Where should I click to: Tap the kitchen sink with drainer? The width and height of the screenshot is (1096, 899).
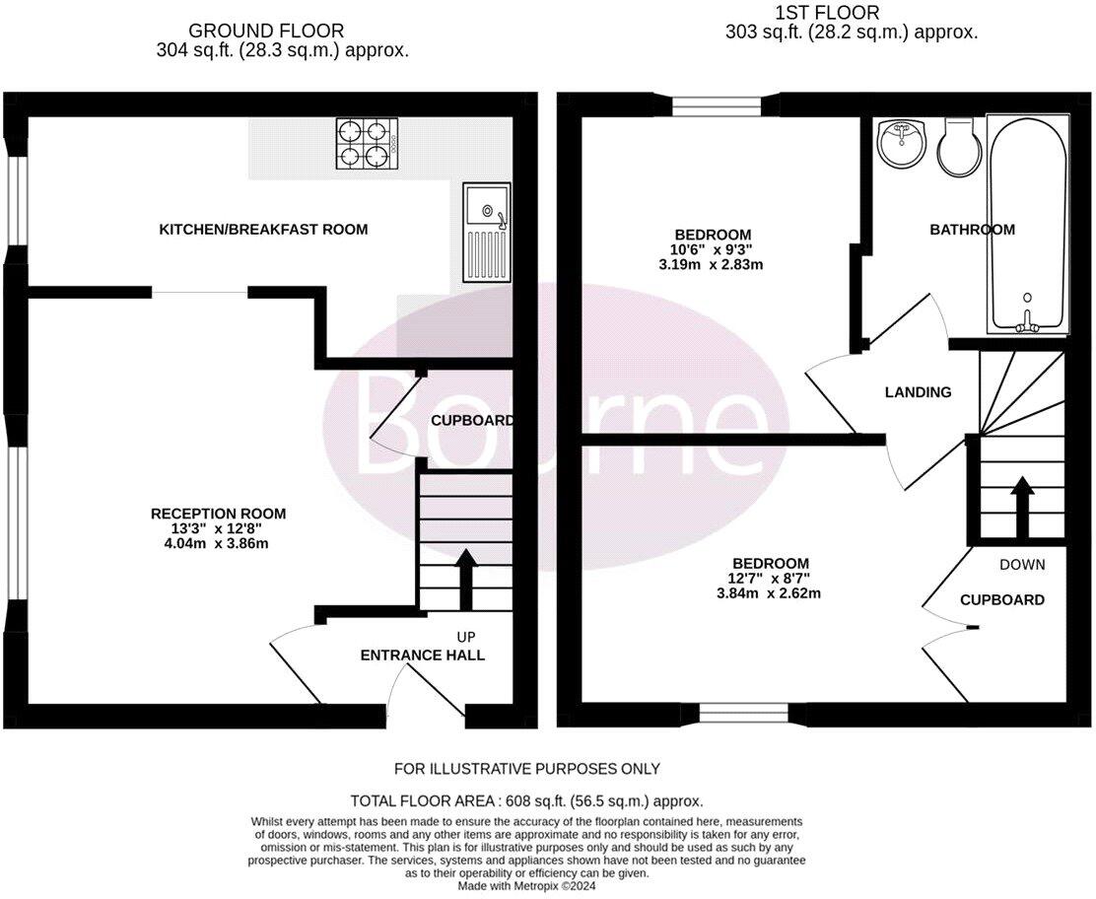click(487, 232)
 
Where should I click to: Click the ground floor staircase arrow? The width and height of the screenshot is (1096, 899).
click(465, 581)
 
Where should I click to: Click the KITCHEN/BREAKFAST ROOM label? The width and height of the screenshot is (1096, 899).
click(263, 230)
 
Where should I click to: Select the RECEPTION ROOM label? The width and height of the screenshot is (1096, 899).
click(218, 514)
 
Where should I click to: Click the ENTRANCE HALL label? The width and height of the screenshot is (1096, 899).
click(422, 656)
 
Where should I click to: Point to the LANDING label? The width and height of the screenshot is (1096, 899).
click(918, 392)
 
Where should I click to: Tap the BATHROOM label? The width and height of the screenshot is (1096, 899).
click(972, 230)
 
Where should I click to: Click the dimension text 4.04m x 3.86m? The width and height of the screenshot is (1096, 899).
click(218, 543)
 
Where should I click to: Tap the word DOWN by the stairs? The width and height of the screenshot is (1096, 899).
click(1021, 565)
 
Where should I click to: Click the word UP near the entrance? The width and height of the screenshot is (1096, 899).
click(466, 637)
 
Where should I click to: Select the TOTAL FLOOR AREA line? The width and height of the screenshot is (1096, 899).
click(526, 801)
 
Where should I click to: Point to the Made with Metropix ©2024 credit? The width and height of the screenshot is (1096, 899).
click(526, 886)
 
